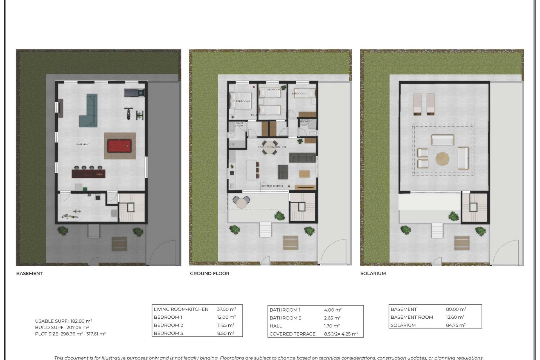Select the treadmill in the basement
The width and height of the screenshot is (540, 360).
(x=134, y=92)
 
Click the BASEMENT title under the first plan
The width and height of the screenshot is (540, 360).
(x=29, y=273)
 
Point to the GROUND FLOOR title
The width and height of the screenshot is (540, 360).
(x=210, y=273)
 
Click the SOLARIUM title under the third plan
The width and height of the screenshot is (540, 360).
(x=373, y=273)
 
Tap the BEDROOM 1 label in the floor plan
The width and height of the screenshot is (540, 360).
(x=243, y=101)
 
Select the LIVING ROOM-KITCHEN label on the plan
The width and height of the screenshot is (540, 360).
(x=272, y=147)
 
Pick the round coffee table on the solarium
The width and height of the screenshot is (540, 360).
(x=442, y=159)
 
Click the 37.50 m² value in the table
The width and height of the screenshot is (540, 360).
(x=226, y=309)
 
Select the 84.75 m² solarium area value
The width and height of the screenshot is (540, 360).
(x=456, y=325)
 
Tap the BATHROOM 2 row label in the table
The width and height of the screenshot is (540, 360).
(x=285, y=318)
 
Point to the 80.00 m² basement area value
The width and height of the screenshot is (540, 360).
(x=456, y=309)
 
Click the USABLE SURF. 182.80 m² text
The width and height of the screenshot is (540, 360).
(x=64, y=321)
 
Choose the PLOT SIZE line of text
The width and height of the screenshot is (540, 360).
(x=70, y=334)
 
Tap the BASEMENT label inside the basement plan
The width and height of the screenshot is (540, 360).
(x=83, y=144)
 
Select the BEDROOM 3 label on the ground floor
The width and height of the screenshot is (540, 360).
(x=299, y=93)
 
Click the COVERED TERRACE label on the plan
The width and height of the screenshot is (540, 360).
(x=272, y=186)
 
